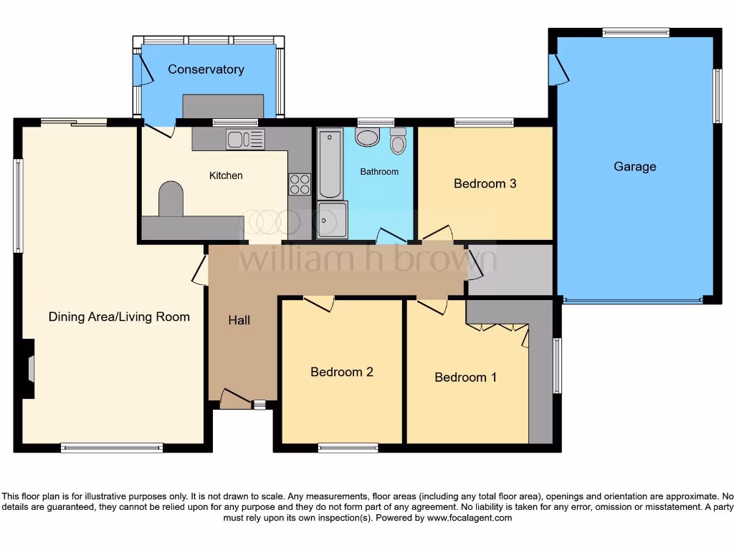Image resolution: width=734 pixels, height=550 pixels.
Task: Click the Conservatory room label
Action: coord(206,69)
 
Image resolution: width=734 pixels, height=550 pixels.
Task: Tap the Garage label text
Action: coord(634,167)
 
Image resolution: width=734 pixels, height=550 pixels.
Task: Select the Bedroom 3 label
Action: coord(485,183)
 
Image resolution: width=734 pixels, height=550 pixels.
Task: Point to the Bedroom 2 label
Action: coord(341,372)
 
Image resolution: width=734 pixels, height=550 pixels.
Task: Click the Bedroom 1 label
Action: coord(465,377)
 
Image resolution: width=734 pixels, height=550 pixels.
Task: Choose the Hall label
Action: coord(239,320)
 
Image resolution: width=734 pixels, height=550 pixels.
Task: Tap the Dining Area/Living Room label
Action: coord(119,317)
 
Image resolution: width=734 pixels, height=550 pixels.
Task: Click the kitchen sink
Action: coord(245,139)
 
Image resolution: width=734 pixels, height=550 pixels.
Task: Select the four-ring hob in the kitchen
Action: coord(300,185)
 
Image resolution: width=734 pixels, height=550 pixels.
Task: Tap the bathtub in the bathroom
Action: coord(330,163)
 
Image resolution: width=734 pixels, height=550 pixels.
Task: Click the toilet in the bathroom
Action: coord(398,142)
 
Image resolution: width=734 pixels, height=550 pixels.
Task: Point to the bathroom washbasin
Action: coord(367,137)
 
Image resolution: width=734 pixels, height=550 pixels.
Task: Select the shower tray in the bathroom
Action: coord(332,219)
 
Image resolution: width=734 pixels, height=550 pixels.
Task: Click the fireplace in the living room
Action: coord(28,369)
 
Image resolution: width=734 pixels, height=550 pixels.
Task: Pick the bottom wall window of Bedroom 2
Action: coord(348,448)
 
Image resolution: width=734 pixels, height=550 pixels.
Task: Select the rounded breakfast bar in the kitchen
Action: coord(171,198)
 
